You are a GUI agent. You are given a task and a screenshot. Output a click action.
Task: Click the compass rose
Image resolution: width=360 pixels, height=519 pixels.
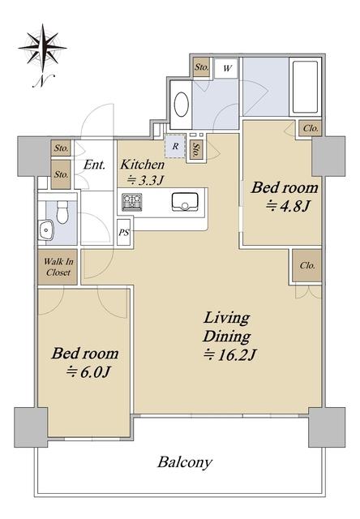pos(42,48)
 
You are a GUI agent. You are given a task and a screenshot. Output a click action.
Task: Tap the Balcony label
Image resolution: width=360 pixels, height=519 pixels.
pos(185,462)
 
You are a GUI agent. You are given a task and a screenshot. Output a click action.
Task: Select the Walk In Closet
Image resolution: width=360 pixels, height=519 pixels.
pos(58,267)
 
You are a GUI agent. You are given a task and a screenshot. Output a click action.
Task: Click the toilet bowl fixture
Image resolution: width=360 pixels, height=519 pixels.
pos(62,212)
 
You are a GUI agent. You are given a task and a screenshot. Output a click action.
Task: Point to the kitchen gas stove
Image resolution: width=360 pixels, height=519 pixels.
pos(132,202)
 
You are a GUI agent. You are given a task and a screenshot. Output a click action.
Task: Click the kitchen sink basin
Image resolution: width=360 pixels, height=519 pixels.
pos(184,202)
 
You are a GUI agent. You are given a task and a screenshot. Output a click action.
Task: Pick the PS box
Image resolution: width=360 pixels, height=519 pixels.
pos(124,232)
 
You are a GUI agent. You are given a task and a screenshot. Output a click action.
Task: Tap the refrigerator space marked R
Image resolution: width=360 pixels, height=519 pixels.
pos(175,146)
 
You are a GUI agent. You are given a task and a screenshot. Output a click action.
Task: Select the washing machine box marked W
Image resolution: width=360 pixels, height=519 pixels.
pos(226,68)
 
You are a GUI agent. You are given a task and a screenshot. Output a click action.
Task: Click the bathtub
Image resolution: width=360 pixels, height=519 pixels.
pos(305,87)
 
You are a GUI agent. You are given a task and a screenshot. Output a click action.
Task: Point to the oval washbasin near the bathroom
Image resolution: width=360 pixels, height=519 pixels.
pos(182,105)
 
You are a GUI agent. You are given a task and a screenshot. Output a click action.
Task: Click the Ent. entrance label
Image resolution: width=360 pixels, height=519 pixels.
pos(94,165)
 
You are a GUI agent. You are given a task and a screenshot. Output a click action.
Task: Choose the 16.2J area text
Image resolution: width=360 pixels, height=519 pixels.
pos(229,355)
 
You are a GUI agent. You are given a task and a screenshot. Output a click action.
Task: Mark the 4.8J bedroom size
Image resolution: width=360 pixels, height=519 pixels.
pos(288,207)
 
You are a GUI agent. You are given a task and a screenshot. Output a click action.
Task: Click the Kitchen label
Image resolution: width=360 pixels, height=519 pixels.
pos(142,164)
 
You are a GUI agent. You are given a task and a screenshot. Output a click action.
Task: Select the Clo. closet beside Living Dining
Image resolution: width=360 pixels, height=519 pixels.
pos(307,266)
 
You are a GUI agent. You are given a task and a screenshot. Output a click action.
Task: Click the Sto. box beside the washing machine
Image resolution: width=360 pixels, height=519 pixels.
pos(202,67)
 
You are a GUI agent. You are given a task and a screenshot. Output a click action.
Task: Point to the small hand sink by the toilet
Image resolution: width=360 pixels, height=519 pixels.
pos(47,229)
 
